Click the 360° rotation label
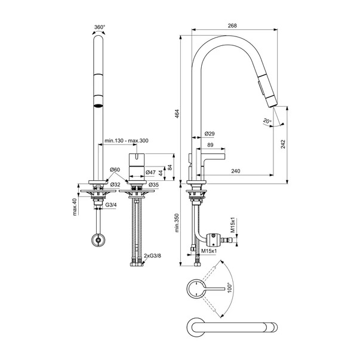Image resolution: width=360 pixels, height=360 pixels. click(100, 27)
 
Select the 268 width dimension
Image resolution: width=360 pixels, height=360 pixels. click(233, 26)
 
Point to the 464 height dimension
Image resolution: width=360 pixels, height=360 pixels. click(177, 115)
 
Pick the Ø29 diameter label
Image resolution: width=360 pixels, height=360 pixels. click(210, 133)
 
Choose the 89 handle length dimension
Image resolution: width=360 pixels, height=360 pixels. click(210, 144)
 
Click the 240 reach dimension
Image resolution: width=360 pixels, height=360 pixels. click(235, 171)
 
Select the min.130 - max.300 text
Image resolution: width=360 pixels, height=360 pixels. click(126, 140)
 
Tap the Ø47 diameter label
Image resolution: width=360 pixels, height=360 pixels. click(152, 173)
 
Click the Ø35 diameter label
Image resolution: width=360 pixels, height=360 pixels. click(154, 185)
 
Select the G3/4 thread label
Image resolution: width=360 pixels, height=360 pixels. click(111, 205)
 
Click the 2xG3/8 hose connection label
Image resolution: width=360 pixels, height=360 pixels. click(153, 256)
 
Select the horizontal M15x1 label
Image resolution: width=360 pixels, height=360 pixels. click(208, 252)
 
